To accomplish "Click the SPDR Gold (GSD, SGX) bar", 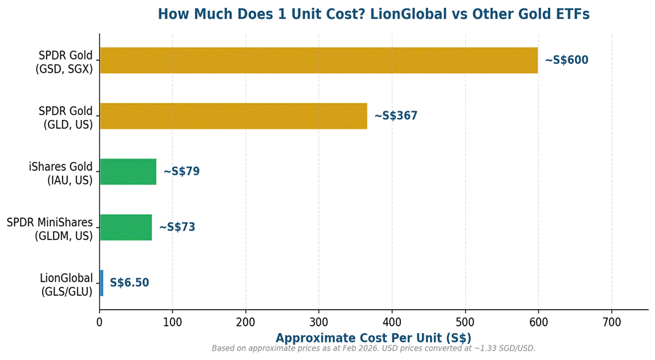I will coord(319,60).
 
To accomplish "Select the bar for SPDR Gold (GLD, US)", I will coord(234,116).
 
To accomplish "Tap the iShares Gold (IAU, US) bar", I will coord(128,172).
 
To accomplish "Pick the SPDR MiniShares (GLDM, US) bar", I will coord(126,227).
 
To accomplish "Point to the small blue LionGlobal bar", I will coord(102,282).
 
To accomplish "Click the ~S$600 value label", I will coord(566,60).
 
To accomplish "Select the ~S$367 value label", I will coord(396,116).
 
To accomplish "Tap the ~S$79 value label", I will coord(181,172).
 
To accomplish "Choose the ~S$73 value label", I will coord(177,227).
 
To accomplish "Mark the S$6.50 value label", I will coord(130,282).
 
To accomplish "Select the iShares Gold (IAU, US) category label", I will coord(61,173).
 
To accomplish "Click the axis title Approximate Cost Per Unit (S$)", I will coord(373,337).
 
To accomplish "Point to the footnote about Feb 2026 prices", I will coord(373,349).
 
